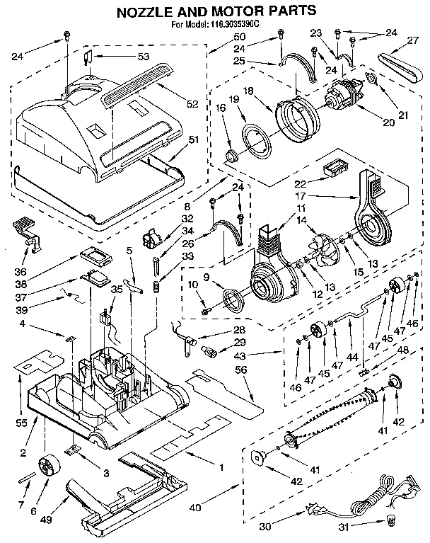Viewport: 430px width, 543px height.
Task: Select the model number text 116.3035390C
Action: coord(238,25)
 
